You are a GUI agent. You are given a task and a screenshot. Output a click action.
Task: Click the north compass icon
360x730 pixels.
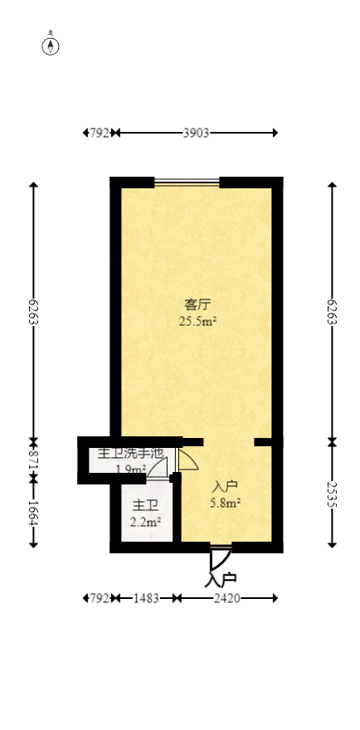point(51,45)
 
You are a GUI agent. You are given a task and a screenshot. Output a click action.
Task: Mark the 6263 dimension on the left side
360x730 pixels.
point(34,313)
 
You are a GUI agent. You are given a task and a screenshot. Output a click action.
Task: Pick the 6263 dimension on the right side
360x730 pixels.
point(332,313)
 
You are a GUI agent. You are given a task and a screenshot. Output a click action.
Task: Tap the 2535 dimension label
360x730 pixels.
point(332,495)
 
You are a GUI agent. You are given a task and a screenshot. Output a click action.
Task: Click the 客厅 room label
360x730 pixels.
point(197,304)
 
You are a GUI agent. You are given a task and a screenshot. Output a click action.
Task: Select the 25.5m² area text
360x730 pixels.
point(198,322)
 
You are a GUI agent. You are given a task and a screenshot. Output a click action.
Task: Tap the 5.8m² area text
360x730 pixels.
point(226,502)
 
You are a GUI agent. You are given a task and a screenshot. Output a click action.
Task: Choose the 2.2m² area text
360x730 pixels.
point(145,522)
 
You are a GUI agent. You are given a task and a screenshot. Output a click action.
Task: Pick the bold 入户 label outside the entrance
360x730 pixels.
point(221,579)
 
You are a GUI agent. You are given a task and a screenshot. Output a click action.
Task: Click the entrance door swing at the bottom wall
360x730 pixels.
point(217,558)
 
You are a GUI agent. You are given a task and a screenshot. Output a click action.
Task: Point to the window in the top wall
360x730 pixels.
point(187,181)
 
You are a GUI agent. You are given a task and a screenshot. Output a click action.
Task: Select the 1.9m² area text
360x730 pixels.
point(131,470)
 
